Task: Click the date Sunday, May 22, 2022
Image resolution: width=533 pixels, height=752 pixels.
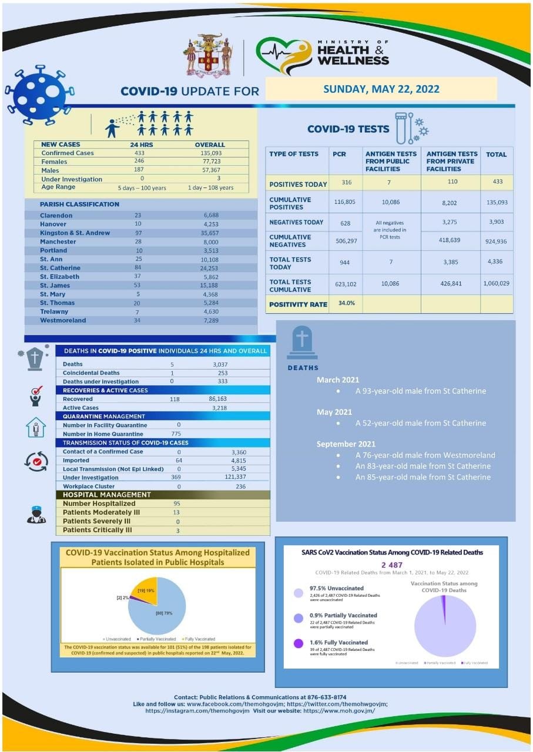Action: point(381,89)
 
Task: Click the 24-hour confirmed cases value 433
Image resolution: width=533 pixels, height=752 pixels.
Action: point(139,153)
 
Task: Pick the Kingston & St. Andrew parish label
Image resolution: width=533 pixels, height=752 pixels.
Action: point(75,233)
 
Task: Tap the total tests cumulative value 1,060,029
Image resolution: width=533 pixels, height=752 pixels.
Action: point(496,283)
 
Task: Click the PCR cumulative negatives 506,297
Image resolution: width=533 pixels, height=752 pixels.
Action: point(344,240)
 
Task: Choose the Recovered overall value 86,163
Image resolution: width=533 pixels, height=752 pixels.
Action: point(210,399)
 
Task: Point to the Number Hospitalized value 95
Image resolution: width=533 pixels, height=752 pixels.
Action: point(176,503)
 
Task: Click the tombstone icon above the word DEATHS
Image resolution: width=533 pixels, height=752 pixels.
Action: point(302,343)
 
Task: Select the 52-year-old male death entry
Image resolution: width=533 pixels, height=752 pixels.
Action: point(420,423)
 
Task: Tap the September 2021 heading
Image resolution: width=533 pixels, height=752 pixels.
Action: point(346,444)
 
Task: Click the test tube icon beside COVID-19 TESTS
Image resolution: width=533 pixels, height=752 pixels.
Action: point(401,127)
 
